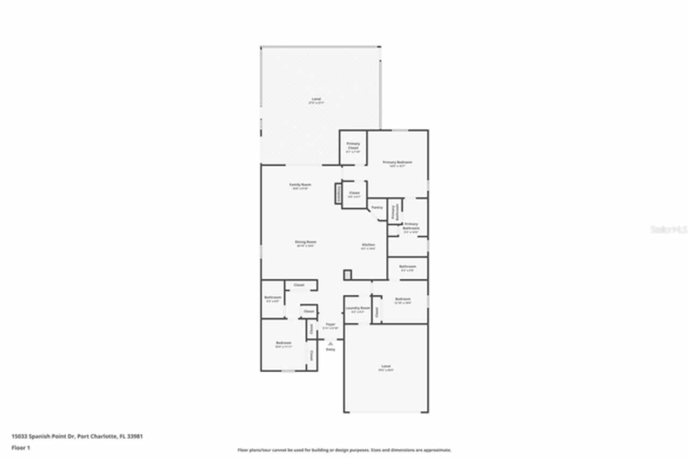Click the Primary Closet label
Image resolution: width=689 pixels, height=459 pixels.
click(353, 145)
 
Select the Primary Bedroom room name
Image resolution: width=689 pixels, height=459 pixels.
click(397, 162)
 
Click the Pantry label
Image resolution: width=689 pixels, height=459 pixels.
click(377, 207)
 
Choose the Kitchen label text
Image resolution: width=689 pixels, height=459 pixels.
click(368, 245)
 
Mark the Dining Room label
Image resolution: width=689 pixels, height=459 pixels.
click(305, 242)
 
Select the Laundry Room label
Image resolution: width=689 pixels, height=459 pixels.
click(357, 308)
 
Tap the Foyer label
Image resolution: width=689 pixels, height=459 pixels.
click(330, 324)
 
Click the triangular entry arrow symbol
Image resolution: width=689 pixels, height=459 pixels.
click(330, 343)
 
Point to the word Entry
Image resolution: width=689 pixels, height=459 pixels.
click(330, 350)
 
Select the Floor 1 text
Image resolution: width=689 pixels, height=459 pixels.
click(21, 448)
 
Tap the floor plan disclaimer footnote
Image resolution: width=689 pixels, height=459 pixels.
click(344, 450)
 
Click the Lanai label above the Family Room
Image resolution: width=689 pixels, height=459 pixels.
click(316, 99)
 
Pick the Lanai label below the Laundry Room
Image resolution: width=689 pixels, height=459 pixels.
click(386, 366)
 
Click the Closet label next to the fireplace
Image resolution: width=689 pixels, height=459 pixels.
click(354, 193)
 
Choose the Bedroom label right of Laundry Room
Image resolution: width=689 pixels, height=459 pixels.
click(403, 299)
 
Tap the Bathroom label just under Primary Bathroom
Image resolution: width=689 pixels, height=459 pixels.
click(407, 267)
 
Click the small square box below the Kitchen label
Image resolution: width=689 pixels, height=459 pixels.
click(348, 275)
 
